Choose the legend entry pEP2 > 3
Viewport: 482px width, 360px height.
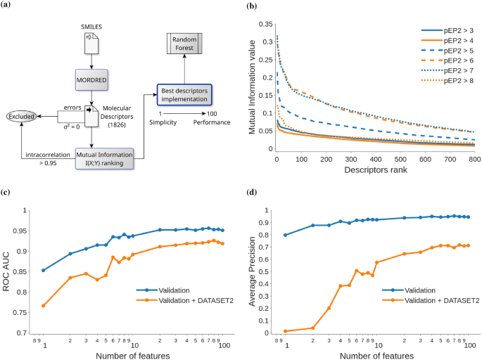pos(445,31)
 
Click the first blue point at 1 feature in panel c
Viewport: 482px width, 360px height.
pos(44,270)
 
